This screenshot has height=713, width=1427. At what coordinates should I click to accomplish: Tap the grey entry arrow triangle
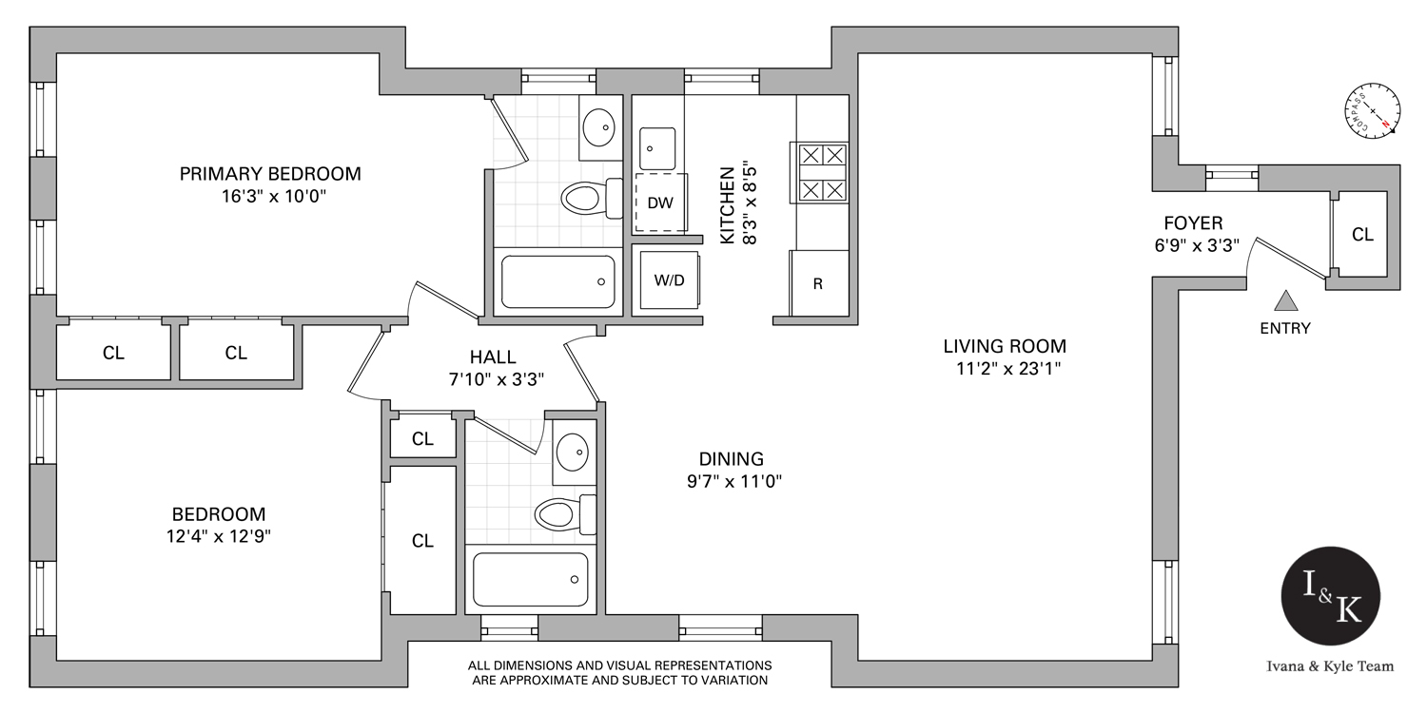click(1286, 301)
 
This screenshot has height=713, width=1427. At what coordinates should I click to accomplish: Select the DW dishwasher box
click(660, 202)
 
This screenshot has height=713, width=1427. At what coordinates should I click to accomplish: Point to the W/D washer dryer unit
click(667, 279)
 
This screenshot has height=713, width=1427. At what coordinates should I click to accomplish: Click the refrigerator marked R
click(817, 282)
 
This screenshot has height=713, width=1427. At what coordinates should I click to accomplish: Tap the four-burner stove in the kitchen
click(820, 172)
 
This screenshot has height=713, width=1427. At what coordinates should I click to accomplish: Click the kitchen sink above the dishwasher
click(656, 147)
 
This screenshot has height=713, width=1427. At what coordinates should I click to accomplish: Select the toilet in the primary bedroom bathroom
click(584, 198)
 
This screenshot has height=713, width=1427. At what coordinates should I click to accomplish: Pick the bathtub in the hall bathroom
click(531, 579)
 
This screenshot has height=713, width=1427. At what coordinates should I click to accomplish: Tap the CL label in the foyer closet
click(1362, 234)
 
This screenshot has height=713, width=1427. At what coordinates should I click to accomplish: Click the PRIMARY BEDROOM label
click(270, 174)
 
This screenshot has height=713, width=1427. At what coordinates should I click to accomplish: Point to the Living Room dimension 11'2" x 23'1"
click(1005, 369)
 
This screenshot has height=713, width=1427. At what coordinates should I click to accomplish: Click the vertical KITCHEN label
click(727, 205)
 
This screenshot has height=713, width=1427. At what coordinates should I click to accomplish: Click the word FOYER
click(1193, 223)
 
